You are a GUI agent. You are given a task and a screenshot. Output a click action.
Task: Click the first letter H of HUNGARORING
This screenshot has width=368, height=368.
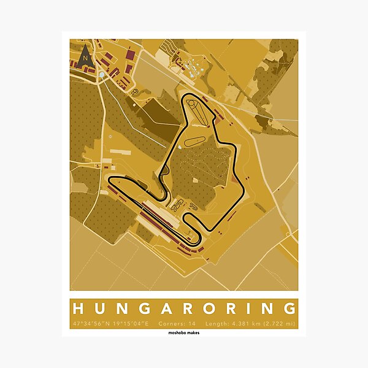80,308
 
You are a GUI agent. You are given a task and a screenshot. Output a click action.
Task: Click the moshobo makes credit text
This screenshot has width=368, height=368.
184,333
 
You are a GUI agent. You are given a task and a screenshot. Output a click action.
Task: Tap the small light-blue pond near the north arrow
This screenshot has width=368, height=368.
102,74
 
